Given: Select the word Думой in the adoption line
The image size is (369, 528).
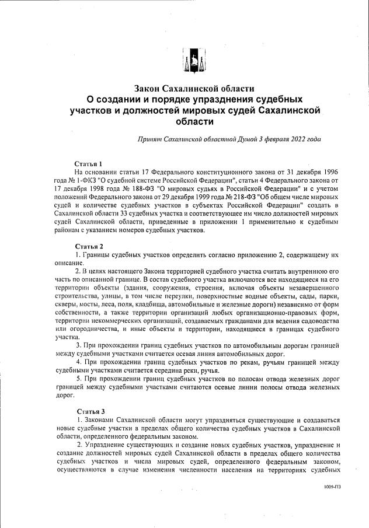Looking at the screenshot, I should (x=248, y=139).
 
